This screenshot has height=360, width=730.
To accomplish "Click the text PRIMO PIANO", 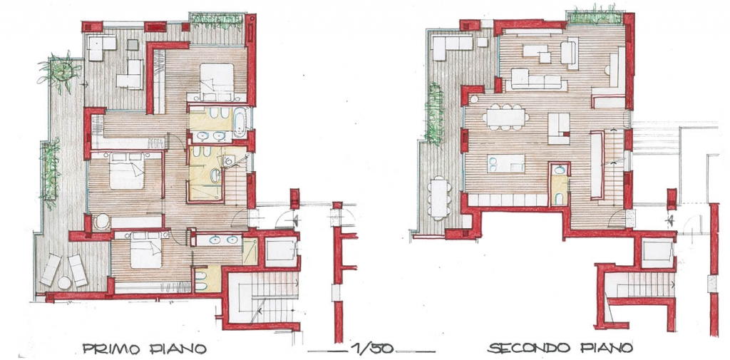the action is [144, 349].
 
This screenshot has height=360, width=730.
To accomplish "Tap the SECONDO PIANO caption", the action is [560, 348].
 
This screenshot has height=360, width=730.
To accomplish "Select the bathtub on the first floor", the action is [240, 122].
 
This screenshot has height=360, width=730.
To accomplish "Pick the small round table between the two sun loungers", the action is [64, 282].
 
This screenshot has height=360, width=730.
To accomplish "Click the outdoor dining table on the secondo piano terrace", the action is [439, 198].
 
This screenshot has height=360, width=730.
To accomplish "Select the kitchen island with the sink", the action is [505, 163].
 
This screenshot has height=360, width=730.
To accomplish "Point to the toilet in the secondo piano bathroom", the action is [559, 199].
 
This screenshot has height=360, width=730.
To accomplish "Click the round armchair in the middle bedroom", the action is [102, 221].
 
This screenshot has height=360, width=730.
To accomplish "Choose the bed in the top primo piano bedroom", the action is [217, 81].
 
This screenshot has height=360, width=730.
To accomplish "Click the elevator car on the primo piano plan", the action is [281, 252].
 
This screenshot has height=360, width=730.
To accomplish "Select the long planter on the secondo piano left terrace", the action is [434, 114].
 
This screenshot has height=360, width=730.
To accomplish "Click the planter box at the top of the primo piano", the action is [217, 21].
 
